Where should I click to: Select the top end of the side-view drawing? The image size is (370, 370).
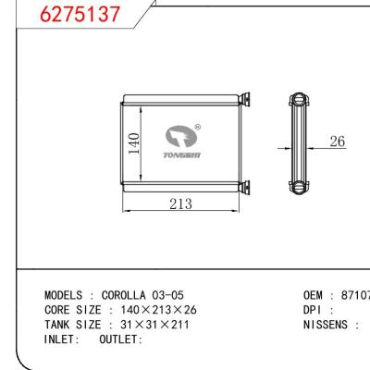tap(296, 97)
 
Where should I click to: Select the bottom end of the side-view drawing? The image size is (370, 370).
tap(296, 189)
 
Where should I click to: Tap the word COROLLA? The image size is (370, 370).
tap(127, 295)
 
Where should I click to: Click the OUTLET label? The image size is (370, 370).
tap(120, 339)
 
